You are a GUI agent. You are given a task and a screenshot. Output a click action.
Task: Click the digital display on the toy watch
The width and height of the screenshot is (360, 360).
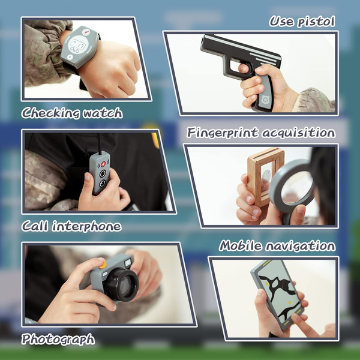(x=78, y=44)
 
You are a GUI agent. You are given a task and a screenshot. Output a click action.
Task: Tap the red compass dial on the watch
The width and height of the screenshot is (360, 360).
(x=86, y=32)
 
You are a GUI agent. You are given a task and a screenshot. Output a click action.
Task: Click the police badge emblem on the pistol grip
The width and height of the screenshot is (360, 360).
(x=266, y=100)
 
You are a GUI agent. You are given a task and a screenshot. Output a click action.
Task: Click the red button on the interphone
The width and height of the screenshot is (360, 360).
(x=103, y=164)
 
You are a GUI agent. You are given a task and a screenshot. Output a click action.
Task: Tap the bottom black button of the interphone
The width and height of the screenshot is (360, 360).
(x=102, y=183)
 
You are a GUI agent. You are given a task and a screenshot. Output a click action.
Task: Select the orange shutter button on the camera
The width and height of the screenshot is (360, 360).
(x=103, y=265)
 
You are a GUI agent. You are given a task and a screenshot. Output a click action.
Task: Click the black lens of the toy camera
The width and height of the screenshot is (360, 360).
(x=122, y=284)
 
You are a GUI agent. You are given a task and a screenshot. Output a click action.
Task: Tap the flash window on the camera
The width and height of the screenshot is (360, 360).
(x=128, y=263)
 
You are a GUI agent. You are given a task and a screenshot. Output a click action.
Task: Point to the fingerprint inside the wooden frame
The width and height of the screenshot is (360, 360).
(x=266, y=176)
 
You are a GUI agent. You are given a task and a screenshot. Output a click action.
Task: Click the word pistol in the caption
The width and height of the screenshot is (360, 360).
(x=316, y=22)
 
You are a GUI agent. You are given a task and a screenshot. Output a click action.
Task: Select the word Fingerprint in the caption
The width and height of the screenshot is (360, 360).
(x=222, y=133)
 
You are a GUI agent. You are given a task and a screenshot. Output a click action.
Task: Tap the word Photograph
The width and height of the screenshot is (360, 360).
(x=58, y=340)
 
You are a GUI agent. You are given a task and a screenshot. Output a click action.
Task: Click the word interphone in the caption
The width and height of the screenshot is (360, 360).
(x=86, y=226)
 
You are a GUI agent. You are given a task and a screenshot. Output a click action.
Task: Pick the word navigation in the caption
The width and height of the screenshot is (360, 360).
(x=301, y=246)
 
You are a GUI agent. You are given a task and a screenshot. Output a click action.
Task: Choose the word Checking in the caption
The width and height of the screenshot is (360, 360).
(x=50, y=113)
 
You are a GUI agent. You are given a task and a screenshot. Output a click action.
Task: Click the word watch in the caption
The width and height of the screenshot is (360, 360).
(x=103, y=113)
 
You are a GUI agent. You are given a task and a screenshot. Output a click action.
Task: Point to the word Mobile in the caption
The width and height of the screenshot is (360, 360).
(x=240, y=245)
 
